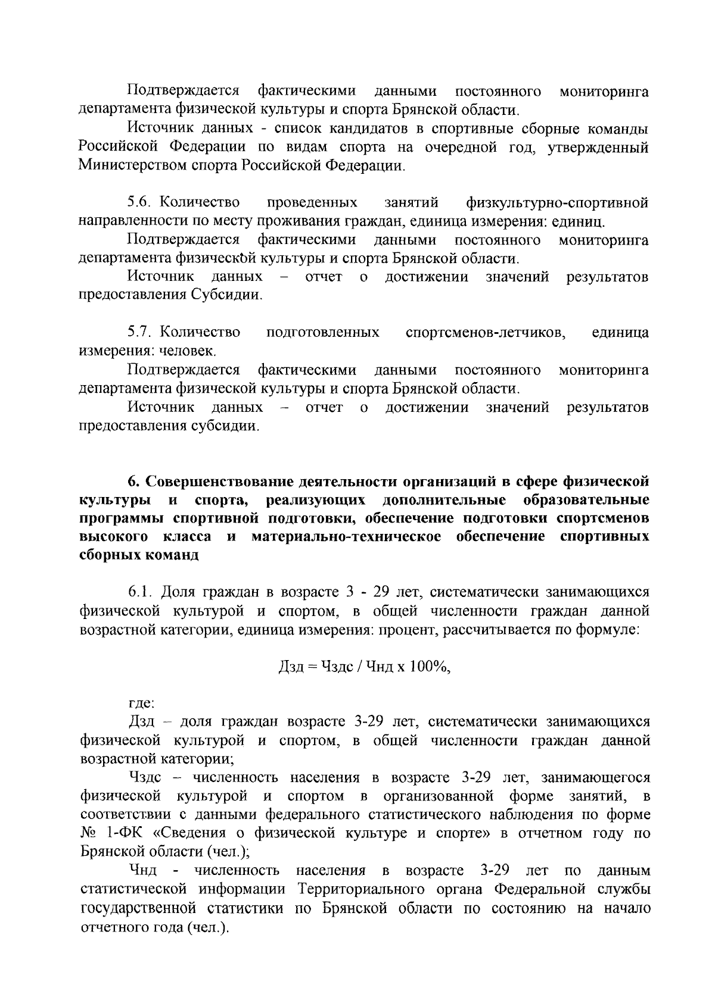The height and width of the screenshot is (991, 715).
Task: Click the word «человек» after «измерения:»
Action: tap(189, 351)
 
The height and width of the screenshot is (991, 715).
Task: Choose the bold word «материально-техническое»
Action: tap(346, 536)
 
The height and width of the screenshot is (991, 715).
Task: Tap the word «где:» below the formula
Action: tap(142, 704)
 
